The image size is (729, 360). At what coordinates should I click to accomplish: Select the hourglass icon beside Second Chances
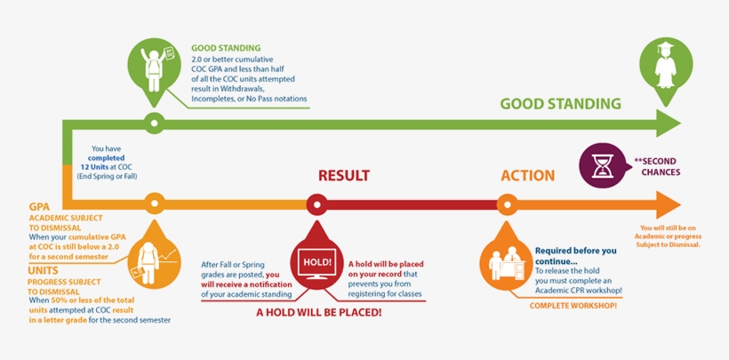599,165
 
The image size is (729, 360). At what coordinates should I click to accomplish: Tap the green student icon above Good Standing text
153,66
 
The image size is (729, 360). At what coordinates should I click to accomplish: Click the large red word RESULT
343,176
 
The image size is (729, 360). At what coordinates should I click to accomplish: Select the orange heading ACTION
527,176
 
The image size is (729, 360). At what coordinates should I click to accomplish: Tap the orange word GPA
38,205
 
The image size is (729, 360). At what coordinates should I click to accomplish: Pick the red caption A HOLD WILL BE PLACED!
319,313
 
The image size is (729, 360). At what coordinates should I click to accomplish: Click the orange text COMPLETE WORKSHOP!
575,306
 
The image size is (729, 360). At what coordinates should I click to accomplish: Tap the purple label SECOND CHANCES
657,166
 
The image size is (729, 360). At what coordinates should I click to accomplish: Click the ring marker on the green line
153,123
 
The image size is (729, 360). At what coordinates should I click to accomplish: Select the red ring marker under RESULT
317,205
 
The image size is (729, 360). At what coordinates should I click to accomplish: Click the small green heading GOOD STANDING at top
226,47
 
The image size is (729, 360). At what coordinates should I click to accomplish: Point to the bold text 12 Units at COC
112,167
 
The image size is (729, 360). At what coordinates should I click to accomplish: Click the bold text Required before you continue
575,256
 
